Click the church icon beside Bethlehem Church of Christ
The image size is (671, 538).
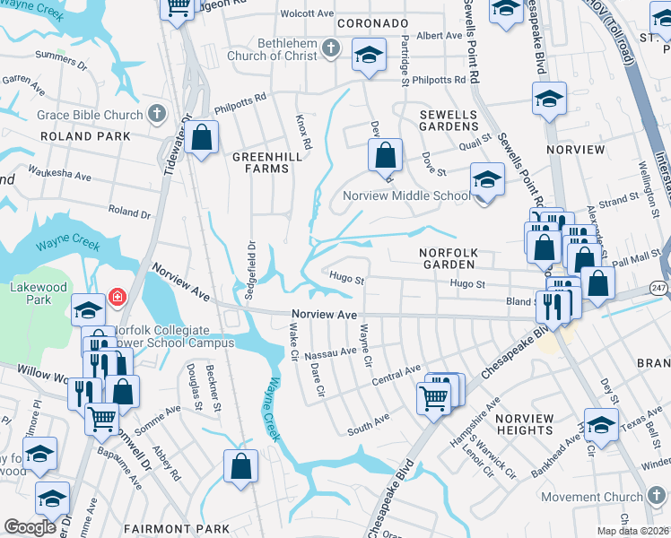point(331,48)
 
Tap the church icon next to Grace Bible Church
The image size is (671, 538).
point(157,114)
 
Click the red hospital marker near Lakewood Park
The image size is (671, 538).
point(116,297)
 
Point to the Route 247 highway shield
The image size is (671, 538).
point(659,288)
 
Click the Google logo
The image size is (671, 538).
point(30,526)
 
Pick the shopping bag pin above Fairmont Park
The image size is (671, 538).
point(240,465)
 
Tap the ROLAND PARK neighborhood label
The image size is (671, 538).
point(85,136)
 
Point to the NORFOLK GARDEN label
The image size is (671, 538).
point(456,253)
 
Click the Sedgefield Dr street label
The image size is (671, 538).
point(252,263)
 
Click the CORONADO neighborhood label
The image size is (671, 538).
point(371,22)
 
